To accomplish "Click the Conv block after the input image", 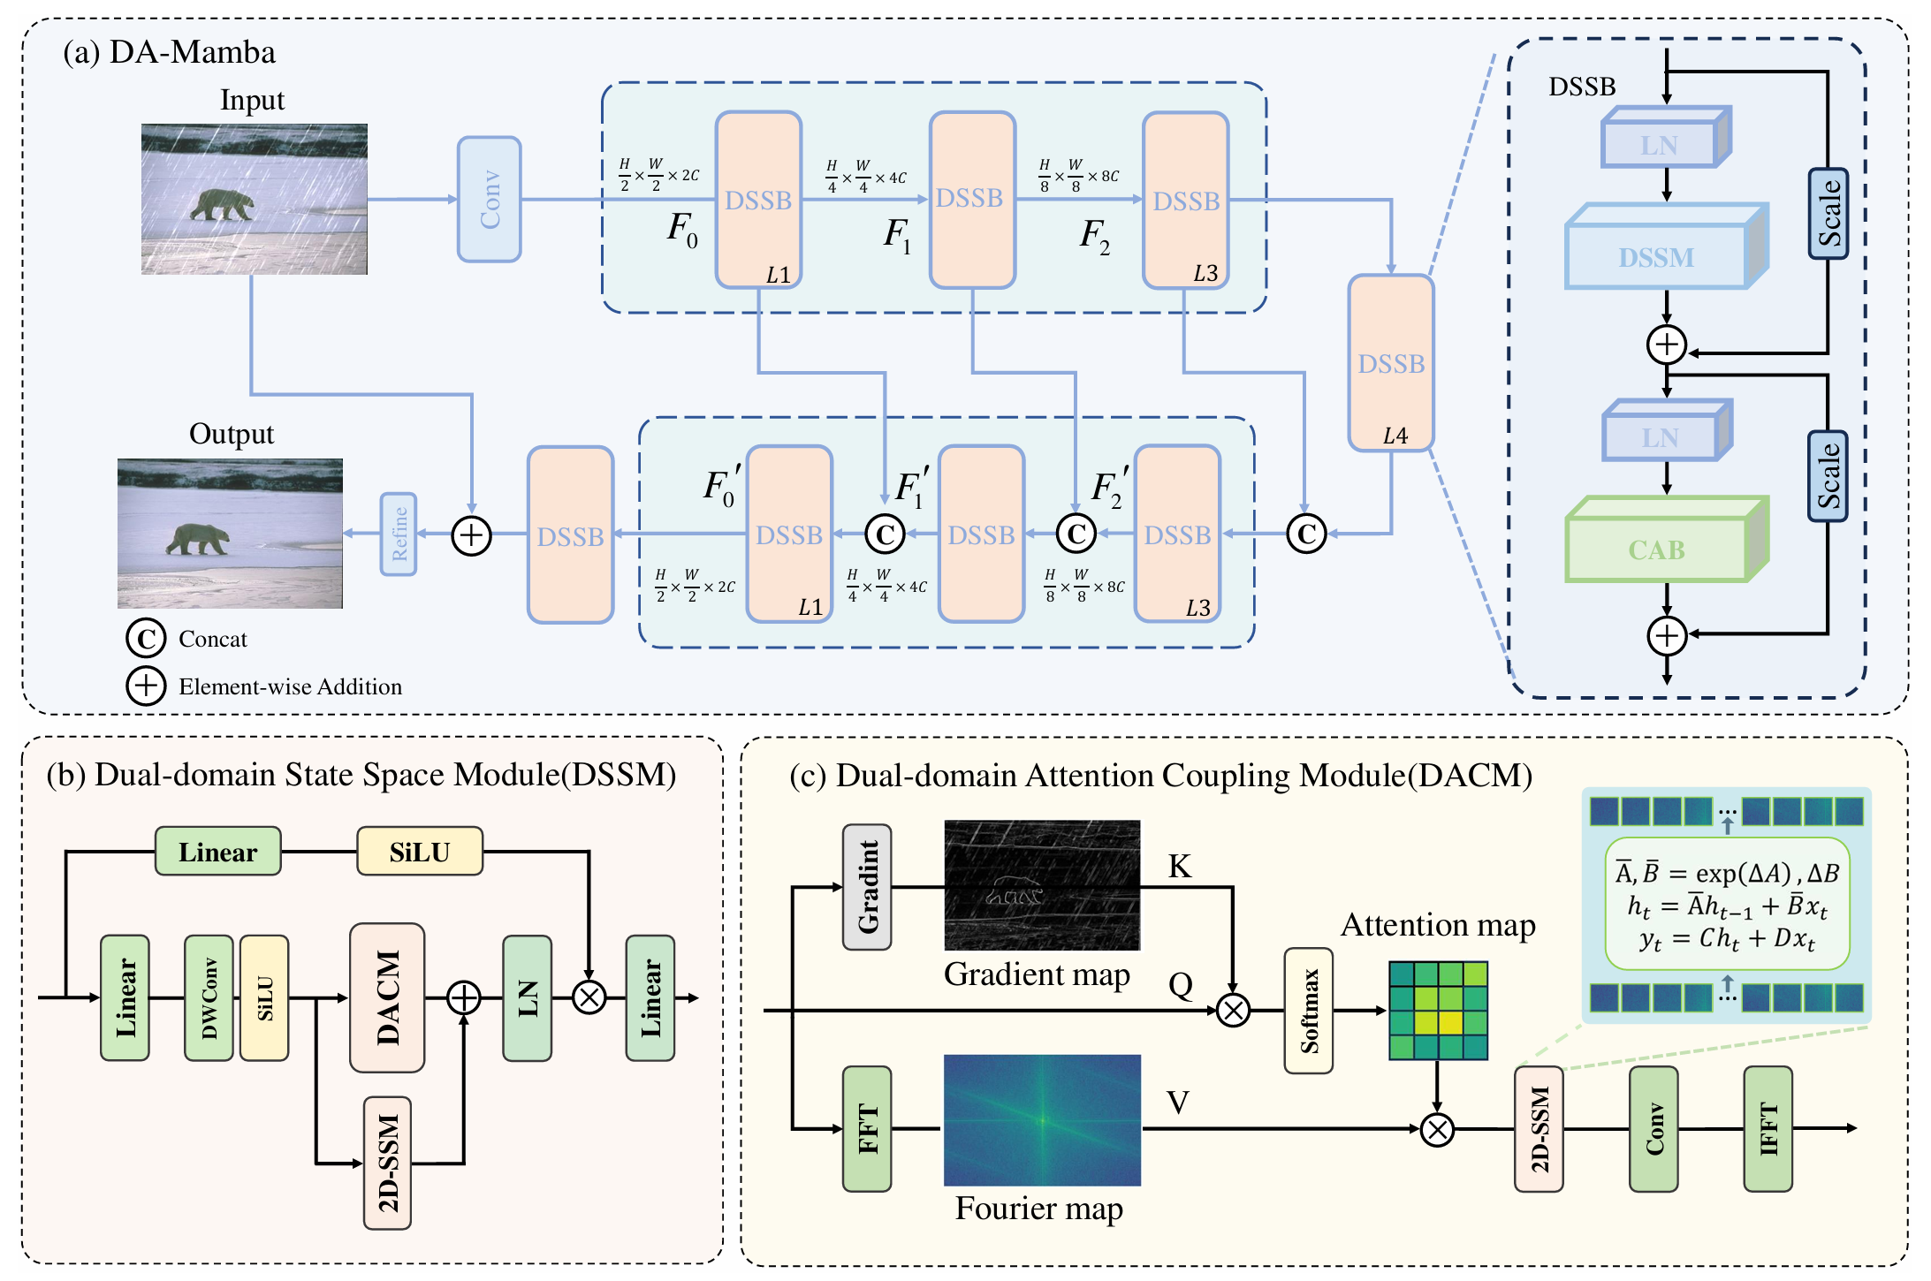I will coord(489,199).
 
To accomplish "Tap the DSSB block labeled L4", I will coord(1390,363).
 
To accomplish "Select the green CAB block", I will coord(1658,549).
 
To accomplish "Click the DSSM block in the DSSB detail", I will coord(1657,256).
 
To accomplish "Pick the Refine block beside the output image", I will coord(399,534).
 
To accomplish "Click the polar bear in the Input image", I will coord(222,205).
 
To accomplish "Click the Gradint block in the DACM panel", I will coord(867,887).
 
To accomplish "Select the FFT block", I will coord(867,1128).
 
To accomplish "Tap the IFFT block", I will coord(1768,1128).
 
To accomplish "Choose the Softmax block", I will coord(1309,1011).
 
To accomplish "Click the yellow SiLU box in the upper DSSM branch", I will coord(420,852).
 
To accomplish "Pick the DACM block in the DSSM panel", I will coord(387,997).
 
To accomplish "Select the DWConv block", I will coord(209,997).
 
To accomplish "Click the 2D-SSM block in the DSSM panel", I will coord(388,1163).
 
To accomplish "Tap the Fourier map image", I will coord(1042,1119).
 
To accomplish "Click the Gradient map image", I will coord(1042,885).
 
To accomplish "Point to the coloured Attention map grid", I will coord(1438,1010).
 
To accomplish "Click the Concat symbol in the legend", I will coord(146,638).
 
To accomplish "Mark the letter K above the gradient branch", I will coord(1180,867).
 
